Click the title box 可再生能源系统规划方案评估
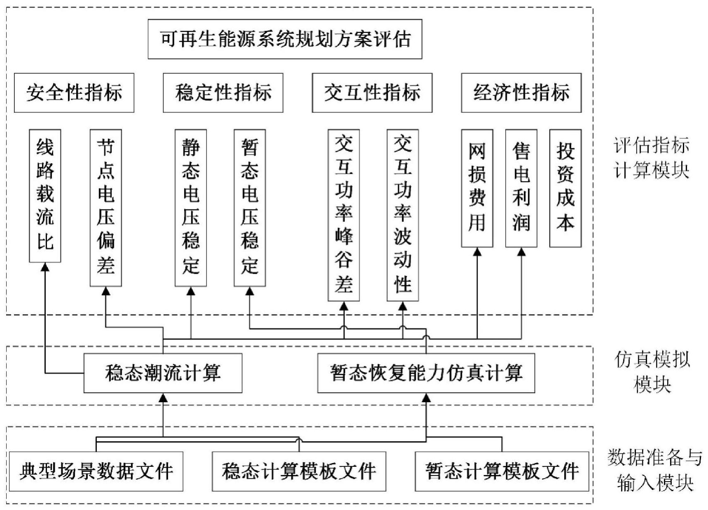click(x=285, y=39)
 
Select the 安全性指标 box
click(x=74, y=93)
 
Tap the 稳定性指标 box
click(x=223, y=93)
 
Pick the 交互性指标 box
click(x=372, y=93)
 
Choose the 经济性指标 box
click(x=521, y=93)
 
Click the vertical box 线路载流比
click(x=45, y=196)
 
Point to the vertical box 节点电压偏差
click(x=106, y=207)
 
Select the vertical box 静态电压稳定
click(x=191, y=207)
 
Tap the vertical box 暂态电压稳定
click(x=250, y=207)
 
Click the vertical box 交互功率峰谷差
click(x=344, y=215)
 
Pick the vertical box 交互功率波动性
click(x=403, y=215)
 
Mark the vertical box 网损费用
click(x=477, y=188)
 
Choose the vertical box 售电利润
click(x=521, y=188)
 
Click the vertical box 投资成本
click(x=565, y=188)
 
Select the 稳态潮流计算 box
click(x=163, y=373)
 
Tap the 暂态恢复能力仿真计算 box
click(x=426, y=373)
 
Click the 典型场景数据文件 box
click(x=96, y=471)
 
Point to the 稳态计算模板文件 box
click(x=299, y=471)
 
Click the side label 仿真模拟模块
click(x=652, y=372)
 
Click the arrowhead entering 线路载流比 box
click(x=45, y=267)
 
